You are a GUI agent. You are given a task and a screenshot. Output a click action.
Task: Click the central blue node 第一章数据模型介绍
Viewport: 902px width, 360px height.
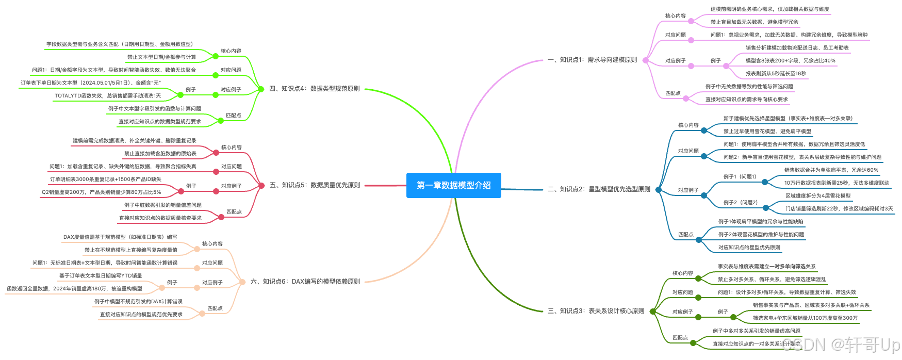453,185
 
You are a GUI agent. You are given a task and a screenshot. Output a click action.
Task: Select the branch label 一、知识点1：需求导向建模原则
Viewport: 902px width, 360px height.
592,60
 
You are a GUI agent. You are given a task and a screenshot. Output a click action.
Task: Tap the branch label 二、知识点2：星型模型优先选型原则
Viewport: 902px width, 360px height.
599,189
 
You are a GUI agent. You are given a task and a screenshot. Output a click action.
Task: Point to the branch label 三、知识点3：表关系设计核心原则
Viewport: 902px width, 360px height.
596,311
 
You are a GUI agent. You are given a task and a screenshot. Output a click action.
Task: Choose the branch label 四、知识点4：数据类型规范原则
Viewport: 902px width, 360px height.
314,89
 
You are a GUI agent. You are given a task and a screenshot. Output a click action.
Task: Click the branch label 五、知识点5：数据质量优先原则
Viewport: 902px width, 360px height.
315,185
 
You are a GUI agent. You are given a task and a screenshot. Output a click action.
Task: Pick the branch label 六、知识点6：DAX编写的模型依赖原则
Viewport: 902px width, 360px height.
305,282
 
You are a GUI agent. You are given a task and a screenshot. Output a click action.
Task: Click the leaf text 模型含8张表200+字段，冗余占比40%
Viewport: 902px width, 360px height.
790,61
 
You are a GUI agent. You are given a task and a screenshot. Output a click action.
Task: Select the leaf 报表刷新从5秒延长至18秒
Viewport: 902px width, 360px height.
776,74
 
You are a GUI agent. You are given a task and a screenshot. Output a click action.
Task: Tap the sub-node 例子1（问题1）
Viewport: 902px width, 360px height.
740,177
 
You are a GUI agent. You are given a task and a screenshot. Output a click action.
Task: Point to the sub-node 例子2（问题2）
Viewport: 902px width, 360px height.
740,203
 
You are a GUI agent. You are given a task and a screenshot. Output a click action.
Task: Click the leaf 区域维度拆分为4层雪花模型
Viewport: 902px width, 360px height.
818,196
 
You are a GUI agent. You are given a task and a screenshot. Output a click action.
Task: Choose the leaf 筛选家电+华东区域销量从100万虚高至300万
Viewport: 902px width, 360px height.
805,318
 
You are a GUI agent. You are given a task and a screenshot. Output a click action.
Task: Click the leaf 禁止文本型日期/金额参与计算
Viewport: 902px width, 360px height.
161,57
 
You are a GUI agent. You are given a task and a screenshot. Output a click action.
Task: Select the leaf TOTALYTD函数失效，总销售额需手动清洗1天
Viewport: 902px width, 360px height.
108,96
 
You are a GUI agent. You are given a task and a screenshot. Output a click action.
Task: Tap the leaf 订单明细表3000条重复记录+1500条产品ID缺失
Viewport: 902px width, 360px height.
106,179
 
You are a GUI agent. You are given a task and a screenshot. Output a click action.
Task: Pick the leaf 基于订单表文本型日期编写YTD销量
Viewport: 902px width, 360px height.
101,276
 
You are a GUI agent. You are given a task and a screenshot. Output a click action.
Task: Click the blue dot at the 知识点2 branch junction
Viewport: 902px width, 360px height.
658,190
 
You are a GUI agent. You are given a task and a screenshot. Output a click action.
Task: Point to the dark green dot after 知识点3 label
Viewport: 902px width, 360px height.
652,312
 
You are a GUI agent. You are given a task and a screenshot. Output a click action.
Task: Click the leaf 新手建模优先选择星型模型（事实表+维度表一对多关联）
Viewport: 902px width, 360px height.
788,119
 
